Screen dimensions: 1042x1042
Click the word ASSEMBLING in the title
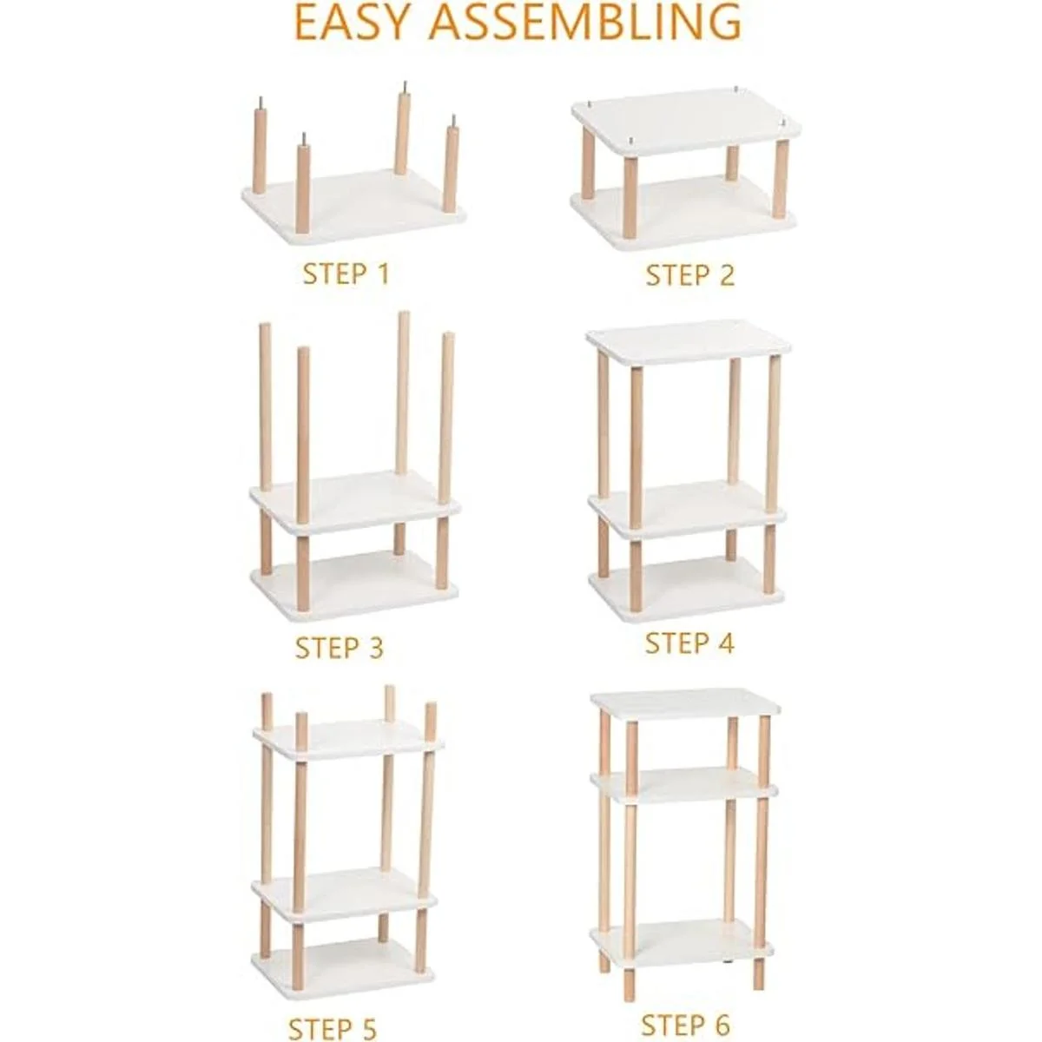585,23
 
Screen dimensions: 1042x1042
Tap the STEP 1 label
346,274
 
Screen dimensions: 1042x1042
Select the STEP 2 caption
690,275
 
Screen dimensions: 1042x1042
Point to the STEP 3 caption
340,647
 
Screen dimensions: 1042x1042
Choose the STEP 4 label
690,643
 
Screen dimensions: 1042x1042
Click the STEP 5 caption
332,1013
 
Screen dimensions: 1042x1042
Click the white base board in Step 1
354,208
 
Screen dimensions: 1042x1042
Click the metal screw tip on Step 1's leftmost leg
260,102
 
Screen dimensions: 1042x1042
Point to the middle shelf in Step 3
355,502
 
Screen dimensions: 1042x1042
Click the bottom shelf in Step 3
354,585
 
